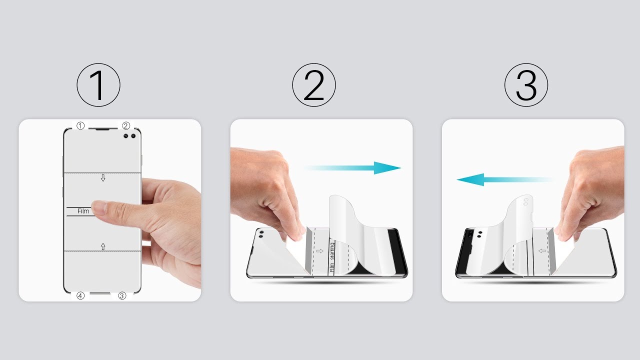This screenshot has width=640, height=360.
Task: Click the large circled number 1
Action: click(x=98, y=85)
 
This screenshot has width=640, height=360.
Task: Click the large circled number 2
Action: click(x=314, y=85)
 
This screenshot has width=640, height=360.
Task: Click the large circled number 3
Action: click(x=526, y=85)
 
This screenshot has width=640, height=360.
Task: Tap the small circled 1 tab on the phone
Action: click(x=80, y=125)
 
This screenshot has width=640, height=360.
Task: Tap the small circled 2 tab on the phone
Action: click(x=126, y=125)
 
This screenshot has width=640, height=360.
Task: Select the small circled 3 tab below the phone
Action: click(x=122, y=295)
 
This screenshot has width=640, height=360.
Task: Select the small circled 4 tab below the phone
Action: click(x=80, y=295)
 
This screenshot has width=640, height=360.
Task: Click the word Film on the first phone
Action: click(x=83, y=211)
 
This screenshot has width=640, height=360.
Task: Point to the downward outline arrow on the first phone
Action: click(x=103, y=178)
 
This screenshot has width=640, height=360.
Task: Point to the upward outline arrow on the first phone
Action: click(x=103, y=246)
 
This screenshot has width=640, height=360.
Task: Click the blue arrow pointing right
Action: click(x=352, y=168)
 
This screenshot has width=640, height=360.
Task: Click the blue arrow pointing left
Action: click(x=505, y=179)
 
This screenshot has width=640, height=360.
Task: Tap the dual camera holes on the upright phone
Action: click(x=129, y=136)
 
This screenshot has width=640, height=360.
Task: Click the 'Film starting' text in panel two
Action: click(x=331, y=257)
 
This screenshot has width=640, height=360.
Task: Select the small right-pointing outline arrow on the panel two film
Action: click(x=319, y=251)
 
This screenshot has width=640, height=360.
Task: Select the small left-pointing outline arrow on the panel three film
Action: click(x=542, y=251)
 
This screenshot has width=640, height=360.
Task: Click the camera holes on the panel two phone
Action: click(x=260, y=234)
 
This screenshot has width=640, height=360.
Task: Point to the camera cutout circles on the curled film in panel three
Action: click(x=525, y=202)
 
